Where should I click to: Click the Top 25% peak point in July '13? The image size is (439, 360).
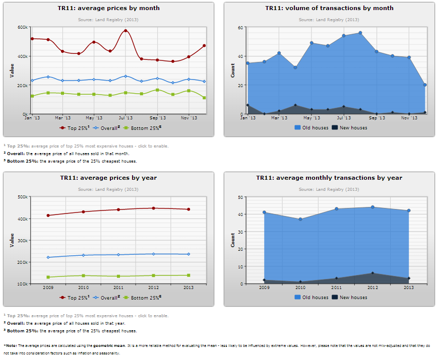tap(126, 31)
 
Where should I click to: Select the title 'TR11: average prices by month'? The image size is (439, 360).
tap(109, 8)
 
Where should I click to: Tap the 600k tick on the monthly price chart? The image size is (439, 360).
tap(23, 27)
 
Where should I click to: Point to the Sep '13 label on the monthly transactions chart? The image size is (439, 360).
tap(377, 118)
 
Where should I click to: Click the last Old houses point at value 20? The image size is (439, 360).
tap(425, 85)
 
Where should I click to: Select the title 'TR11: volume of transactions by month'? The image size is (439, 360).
tap(329, 8)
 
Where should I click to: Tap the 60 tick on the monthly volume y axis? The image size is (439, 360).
tap(240, 27)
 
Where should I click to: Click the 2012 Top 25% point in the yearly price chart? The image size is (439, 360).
tap(153, 208)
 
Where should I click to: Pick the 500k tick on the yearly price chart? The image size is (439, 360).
tap(23, 197)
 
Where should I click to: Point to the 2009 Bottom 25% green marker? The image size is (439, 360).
tap(48, 277)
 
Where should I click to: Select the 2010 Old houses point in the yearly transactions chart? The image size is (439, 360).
tap(300, 219)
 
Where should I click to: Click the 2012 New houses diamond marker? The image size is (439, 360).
tap(372, 273)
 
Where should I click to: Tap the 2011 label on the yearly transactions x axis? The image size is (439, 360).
tap(336, 287)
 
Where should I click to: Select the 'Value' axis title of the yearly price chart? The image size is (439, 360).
tap(12, 240)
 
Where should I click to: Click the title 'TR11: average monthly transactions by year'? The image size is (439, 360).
tap(329, 178)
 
